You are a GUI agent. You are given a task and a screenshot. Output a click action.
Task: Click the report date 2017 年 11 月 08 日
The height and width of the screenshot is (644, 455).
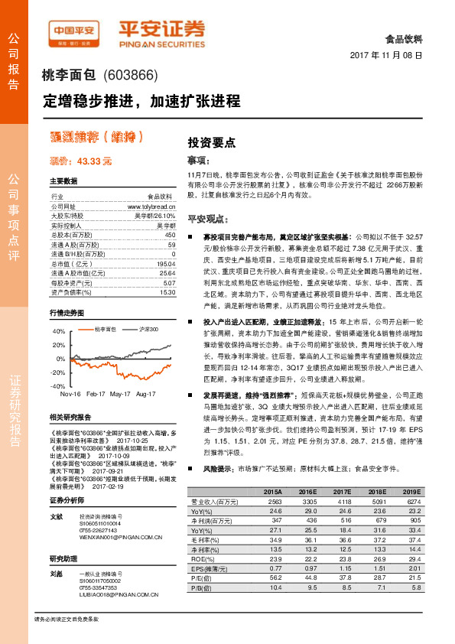[x=386, y=56]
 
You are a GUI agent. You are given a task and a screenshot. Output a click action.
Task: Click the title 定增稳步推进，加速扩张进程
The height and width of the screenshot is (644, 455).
[x=141, y=101]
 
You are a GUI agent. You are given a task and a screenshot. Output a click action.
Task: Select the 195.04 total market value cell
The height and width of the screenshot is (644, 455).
[x=166, y=262]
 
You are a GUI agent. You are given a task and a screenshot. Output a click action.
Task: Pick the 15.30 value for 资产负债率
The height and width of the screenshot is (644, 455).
[x=167, y=292]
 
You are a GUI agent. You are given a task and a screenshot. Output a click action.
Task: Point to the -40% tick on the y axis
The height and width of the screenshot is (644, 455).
[x=58, y=386]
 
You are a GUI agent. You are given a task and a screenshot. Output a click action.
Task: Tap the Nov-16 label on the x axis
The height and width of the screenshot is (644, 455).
[x=71, y=394]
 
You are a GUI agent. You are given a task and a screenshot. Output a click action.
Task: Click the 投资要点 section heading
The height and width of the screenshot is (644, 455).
[x=211, y=142]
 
